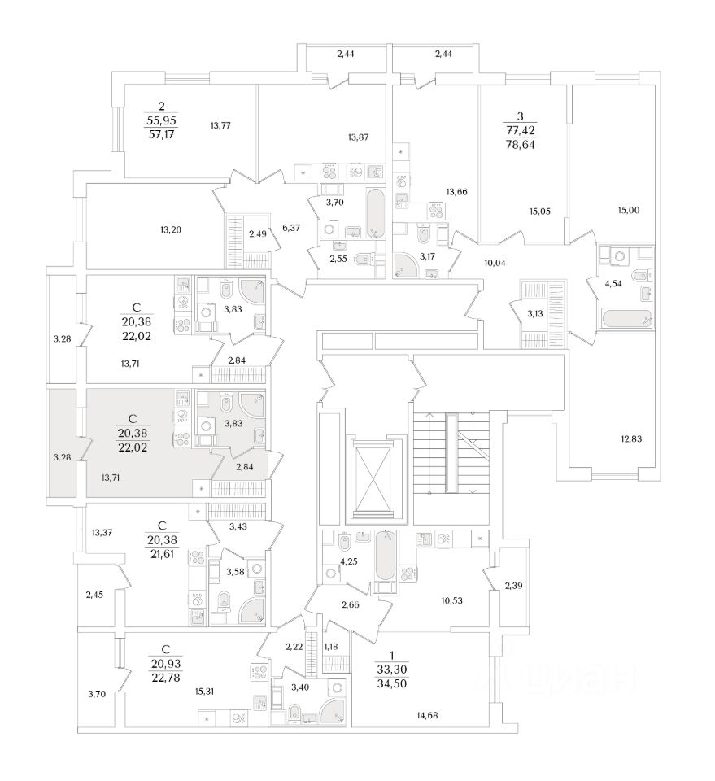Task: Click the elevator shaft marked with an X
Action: [376, 479]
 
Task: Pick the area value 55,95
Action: [161, 120]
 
